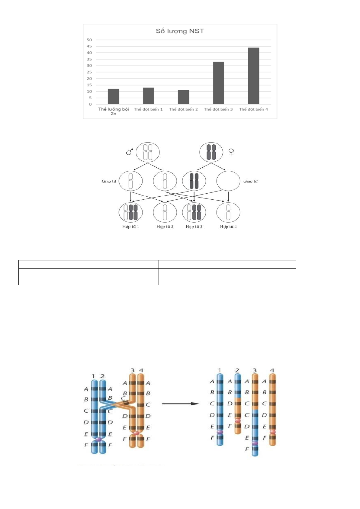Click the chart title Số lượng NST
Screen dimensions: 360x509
[180, 31]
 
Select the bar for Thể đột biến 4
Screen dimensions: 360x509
[253, 76]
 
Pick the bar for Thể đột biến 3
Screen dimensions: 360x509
[218, 83]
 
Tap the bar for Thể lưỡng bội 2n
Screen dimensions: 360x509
[113, 97]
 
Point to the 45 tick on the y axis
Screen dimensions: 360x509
[89, 46]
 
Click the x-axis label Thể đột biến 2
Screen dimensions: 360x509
[183, 109]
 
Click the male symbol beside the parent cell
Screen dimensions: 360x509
[130, 152]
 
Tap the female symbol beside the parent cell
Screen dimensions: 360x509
[231, 152]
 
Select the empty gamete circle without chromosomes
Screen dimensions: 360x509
[228, 181]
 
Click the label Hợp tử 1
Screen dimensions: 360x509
[130, 227]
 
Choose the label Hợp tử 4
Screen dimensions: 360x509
[228, 227]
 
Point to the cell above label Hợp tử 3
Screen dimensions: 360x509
[194, 212]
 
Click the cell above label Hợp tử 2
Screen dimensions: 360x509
[165, 212]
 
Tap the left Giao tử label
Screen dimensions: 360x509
[109, 181]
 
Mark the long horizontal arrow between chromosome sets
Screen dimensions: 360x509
[181, 404]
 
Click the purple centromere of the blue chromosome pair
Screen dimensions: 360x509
[98, 440]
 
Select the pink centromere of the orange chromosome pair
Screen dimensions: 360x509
[136, 433]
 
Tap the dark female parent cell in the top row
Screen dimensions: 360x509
[211, 152]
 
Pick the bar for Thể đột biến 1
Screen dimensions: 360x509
[149, 96]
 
